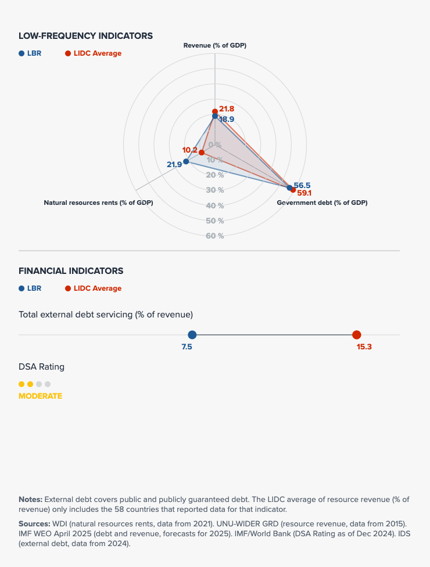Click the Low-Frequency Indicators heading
[85, 36]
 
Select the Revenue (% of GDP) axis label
[215, 45]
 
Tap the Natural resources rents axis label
[98, 203]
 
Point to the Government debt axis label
[322, 203]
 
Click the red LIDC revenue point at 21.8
[215, 111]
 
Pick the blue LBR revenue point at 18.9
[215, 116]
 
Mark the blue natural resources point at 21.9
[186, 161]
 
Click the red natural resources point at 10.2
[202, 153]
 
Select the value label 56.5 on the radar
[302, 185]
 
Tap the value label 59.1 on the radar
[304, 193]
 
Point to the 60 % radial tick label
[215, 236]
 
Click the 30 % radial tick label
[215, 190]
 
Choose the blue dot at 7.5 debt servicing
[192, 335]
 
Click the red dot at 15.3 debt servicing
[357, 335]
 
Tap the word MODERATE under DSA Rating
[40, 396]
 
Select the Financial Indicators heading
[71, 271]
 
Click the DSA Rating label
[41, 367]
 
